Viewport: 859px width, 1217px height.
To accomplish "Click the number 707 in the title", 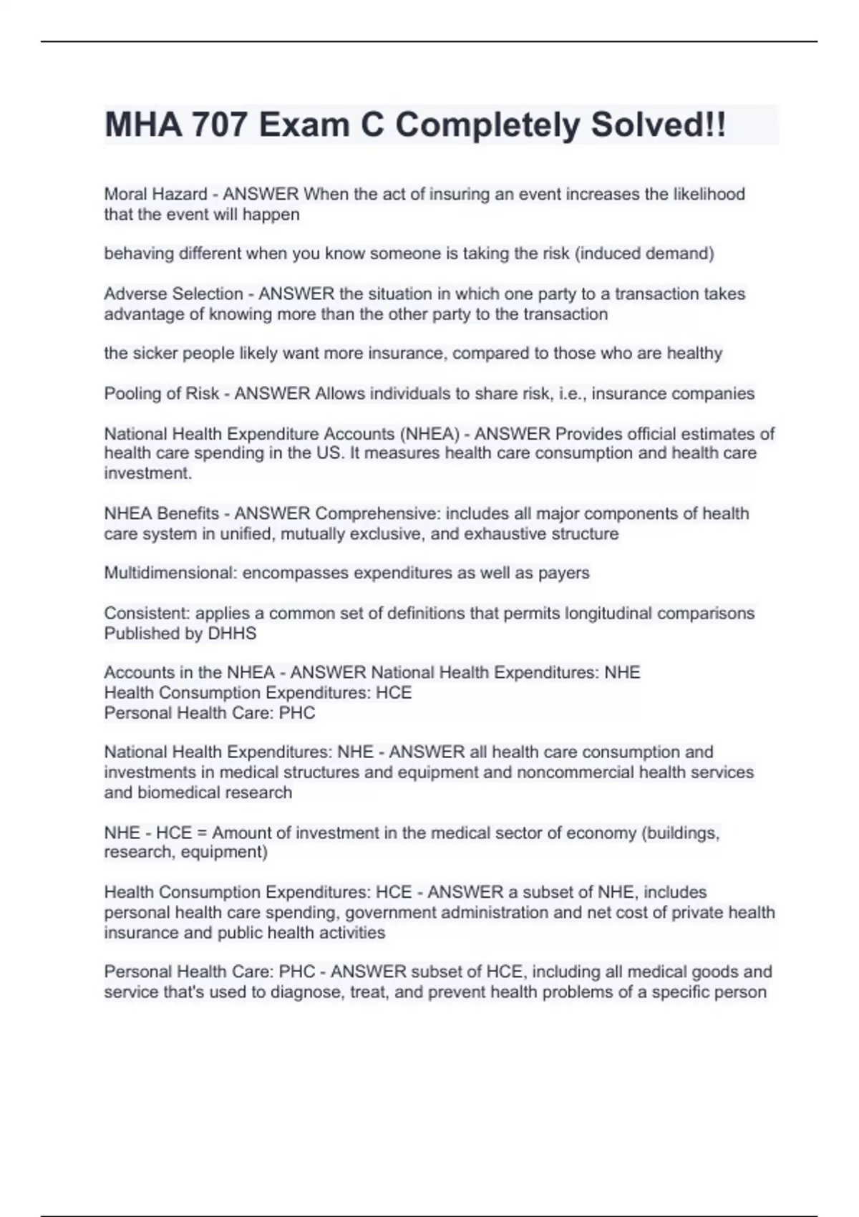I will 218,125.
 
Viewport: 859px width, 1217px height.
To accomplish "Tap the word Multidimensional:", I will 170,573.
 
